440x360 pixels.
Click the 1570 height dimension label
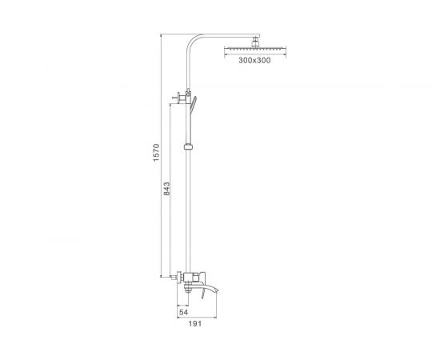[x=156, y=152]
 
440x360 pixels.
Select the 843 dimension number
[x=166, y=189]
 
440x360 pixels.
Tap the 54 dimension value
[x=183, y=312]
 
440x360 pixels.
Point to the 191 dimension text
[x=194, y=324]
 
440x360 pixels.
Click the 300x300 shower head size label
[x=254, y=60]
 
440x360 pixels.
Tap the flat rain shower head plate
[x=255, y=49]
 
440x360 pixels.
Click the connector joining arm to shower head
[x=255, y=42]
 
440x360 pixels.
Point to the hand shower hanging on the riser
[x=194, y=104]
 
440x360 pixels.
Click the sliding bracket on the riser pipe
[x=189, y=146]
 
